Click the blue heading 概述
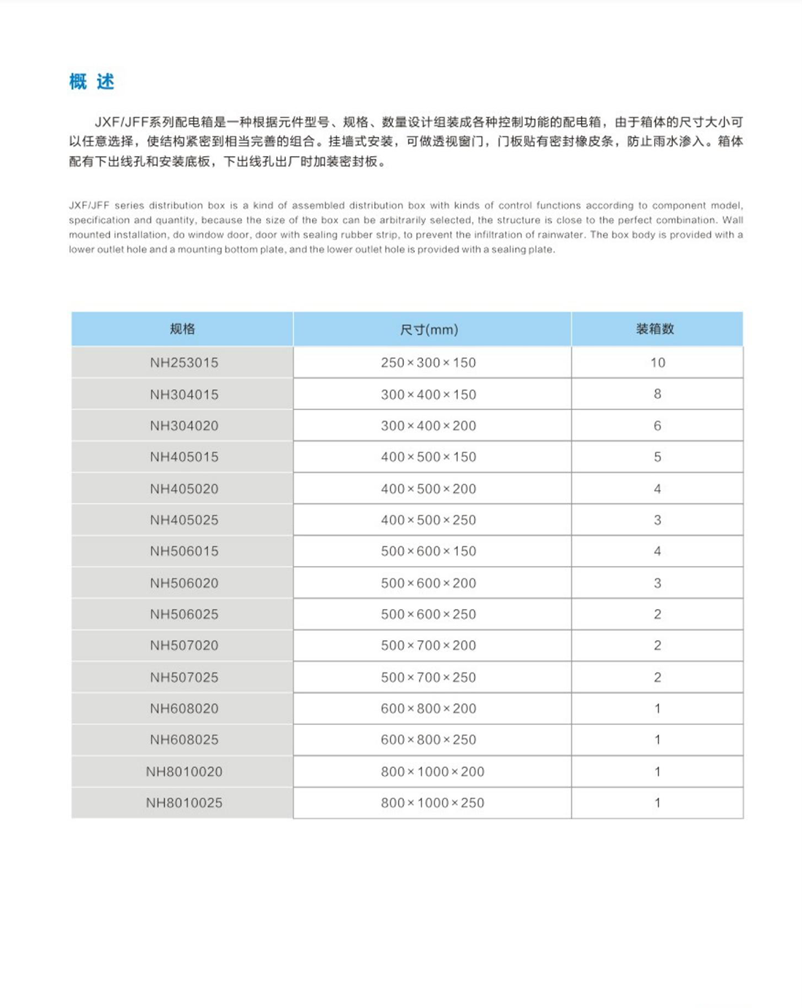[92, 82]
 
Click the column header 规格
[182, 329]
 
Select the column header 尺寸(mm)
[429, 330]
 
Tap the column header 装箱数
[655, 329]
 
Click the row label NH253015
[184, 363]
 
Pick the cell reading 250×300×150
[429, 363]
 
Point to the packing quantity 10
[657, 363]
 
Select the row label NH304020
[184, 426]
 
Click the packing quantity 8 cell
[657, 394]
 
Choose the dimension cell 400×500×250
[429, 520]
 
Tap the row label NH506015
[184, 551]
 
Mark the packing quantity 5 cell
[657, 457]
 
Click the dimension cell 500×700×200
[429, 645]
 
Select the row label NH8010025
[184, 803]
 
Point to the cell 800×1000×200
[432, 772]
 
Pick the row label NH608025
[184, 740]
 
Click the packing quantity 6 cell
[657, 426]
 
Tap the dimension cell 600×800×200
[429, 709]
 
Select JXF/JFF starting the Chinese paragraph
[121, 123]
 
